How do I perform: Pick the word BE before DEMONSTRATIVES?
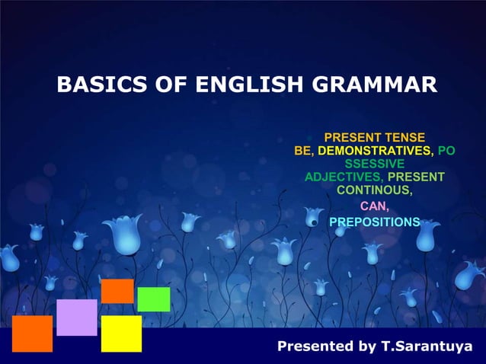click(x=302, y=151)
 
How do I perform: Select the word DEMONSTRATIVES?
click(x=374, y=151)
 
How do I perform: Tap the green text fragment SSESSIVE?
click(x=374, y=164)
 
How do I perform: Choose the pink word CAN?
click(x=373, y=206)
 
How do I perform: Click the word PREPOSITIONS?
click(x=374, y=222)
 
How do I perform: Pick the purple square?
click(x=77, y=317)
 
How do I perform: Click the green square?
click(x=153, y=299)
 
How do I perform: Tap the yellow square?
click(x=121, y=334)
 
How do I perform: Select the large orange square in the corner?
click(x=32, y=334)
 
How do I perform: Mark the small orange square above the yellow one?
click(x=117, y=291)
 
